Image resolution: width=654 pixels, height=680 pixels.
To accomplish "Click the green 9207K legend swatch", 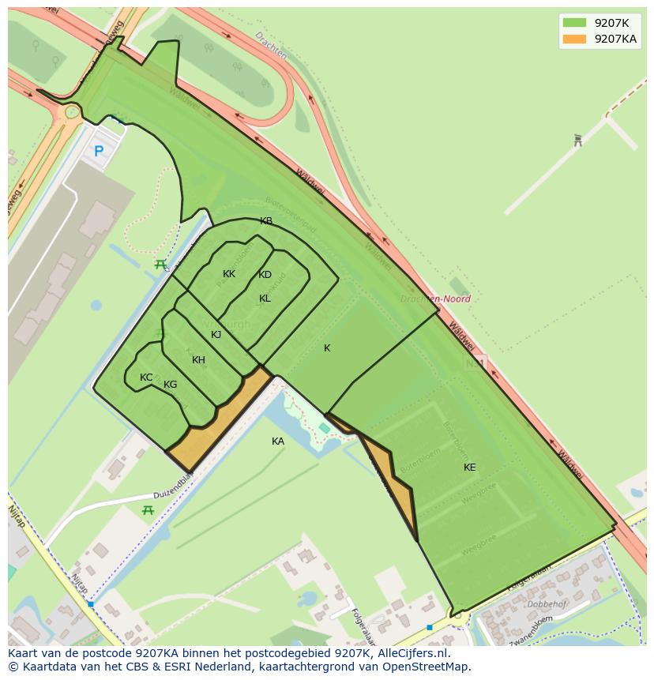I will coord(574,23).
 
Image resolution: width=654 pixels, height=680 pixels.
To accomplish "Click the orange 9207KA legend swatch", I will coord(574,39).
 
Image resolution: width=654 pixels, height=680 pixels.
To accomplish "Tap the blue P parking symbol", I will coord(99,151).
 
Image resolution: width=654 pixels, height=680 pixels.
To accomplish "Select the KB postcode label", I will coord(266,221).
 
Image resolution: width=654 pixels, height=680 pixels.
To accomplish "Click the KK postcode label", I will coord(229,274).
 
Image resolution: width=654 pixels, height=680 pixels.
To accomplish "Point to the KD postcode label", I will coord(265,275).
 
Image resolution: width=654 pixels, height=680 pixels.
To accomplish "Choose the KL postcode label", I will coord(265,299).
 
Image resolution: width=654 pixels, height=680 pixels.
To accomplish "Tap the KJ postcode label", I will coord(216,335).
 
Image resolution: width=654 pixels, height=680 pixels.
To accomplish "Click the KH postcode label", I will coord(198,360).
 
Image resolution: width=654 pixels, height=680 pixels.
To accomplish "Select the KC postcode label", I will coord(146,378).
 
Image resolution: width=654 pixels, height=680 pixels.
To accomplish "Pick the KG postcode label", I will coord(170,385).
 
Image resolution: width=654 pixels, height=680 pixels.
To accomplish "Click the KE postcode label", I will coord(469,468).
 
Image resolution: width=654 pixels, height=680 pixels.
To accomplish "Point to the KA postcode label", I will coord(277,441).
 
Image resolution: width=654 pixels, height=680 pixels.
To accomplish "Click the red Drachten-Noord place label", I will coord(435,299).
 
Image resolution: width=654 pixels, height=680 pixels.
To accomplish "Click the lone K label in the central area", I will coord(327,348).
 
